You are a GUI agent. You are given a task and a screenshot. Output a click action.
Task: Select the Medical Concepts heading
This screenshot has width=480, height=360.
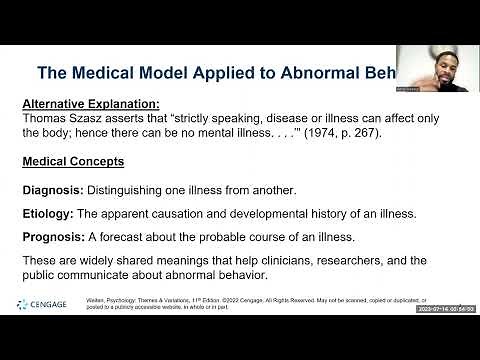pos(73,161)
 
